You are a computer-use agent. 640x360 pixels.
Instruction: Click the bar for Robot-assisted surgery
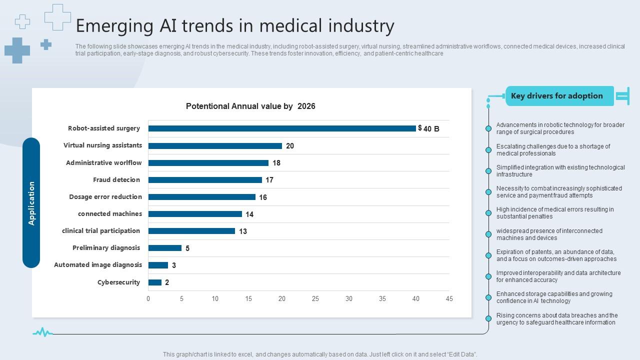click(282, 128)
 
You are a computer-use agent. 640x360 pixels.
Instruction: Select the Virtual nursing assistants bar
click(215, 146)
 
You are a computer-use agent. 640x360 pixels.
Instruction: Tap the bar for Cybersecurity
click(155, 282)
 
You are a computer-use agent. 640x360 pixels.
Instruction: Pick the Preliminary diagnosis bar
click(165, 248)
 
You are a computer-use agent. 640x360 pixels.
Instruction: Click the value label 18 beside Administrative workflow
click(276, 163)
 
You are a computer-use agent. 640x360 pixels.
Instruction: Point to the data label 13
click(243, 231)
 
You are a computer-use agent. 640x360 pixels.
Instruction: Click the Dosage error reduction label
click(105, 197)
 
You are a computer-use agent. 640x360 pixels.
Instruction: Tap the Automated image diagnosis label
click(98, 265)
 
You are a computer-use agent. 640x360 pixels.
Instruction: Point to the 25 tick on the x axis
click(315, 299)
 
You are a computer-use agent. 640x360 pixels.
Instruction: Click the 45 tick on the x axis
click(449, 299)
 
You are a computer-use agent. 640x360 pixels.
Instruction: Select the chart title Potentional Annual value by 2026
click(250, 106)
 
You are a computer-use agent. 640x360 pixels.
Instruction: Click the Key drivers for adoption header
click(557, 96)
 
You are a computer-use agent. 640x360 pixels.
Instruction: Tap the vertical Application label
click(31, 203)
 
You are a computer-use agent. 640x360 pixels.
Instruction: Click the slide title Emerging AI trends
click(235, 25)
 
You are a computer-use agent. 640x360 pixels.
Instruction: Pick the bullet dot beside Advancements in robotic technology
click(488, 128)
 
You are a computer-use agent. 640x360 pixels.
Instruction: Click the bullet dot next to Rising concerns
click(488, 318)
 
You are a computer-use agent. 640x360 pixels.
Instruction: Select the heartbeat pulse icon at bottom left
click(42, 332)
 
